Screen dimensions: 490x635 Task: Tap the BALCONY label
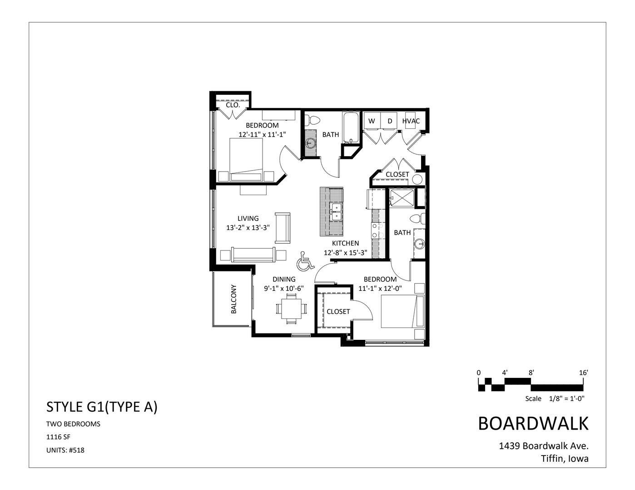click(233, 299)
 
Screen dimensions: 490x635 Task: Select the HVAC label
click(411, 121)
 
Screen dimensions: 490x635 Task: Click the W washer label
click(372, 121)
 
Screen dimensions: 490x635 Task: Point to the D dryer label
click(389, 121)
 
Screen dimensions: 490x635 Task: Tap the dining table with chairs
click(291, 309)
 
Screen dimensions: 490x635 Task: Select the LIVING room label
click(248, 219)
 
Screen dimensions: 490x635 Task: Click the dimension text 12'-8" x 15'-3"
click(345, 253)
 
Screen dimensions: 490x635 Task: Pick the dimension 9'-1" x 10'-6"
click(284, 288)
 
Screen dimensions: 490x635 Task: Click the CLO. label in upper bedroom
click(233, 105)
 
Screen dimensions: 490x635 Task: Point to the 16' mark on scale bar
click(584, 372)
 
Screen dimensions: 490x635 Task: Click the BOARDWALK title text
click(533, 423)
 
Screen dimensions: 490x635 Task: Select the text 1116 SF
click(58, 437)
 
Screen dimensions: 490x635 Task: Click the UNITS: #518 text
click(65, 451)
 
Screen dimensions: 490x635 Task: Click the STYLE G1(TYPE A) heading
click(102, 407)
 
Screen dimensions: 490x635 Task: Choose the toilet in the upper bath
click(312, 120)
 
